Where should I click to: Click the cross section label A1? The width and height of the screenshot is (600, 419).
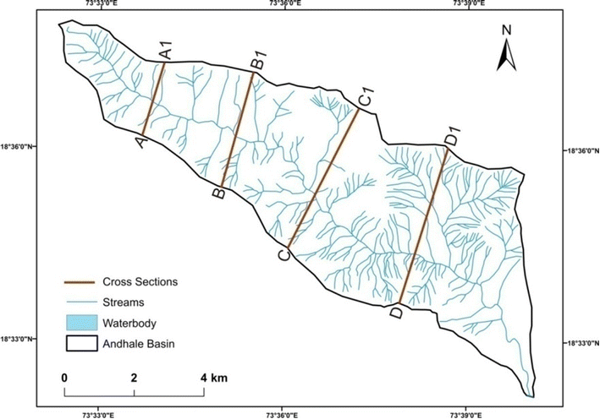(167, 49)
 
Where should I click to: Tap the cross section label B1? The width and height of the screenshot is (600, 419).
(260, 59)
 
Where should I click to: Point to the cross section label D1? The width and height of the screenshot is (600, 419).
(453, 135)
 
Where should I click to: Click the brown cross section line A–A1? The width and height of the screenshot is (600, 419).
(153, 99)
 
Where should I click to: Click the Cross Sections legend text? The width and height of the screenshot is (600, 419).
(139, 280)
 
